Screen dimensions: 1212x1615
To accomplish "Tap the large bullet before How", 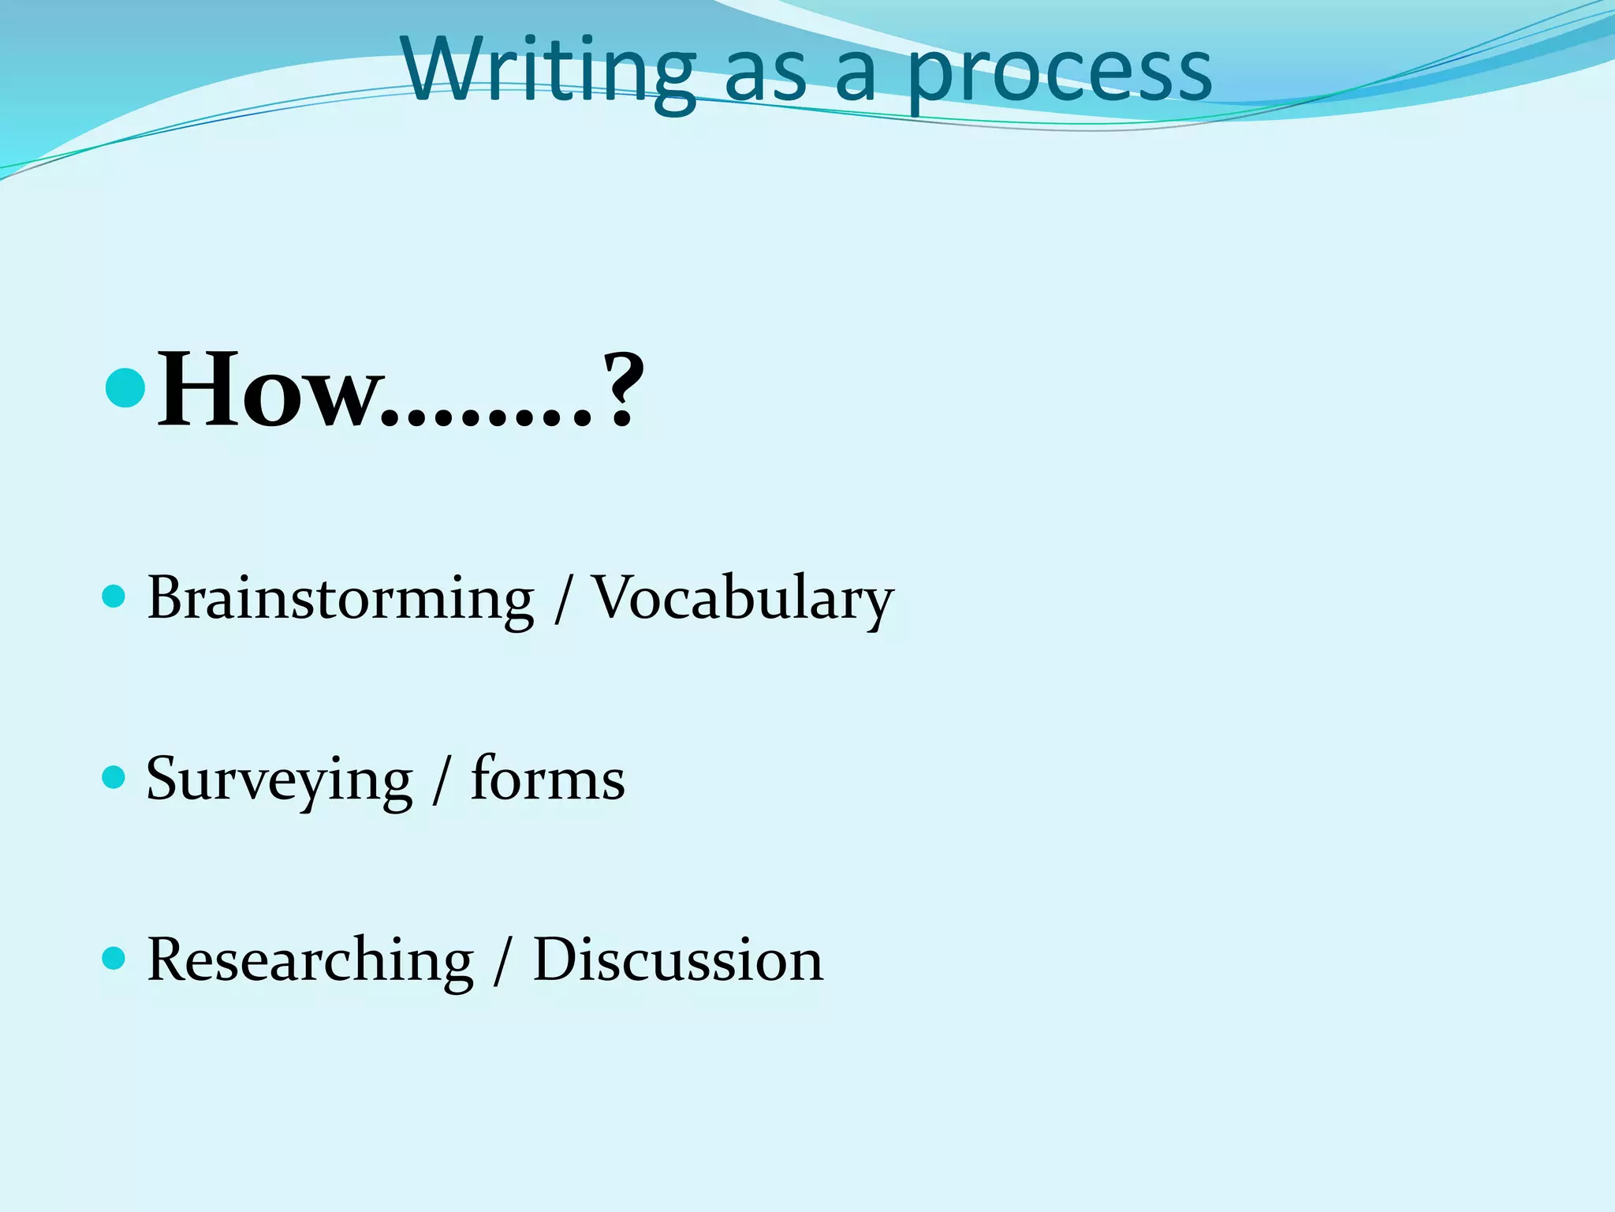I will click(125, 387).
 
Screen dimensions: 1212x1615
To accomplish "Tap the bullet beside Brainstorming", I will click(114, 596).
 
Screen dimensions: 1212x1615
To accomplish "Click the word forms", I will click(547, 779).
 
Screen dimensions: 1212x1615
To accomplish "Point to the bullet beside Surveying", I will click(114, 777).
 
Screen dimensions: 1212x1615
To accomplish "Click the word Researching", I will click(311, 960).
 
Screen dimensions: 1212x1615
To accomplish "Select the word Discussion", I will click(678, 960).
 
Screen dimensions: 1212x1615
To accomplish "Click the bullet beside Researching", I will click(114, 958).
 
